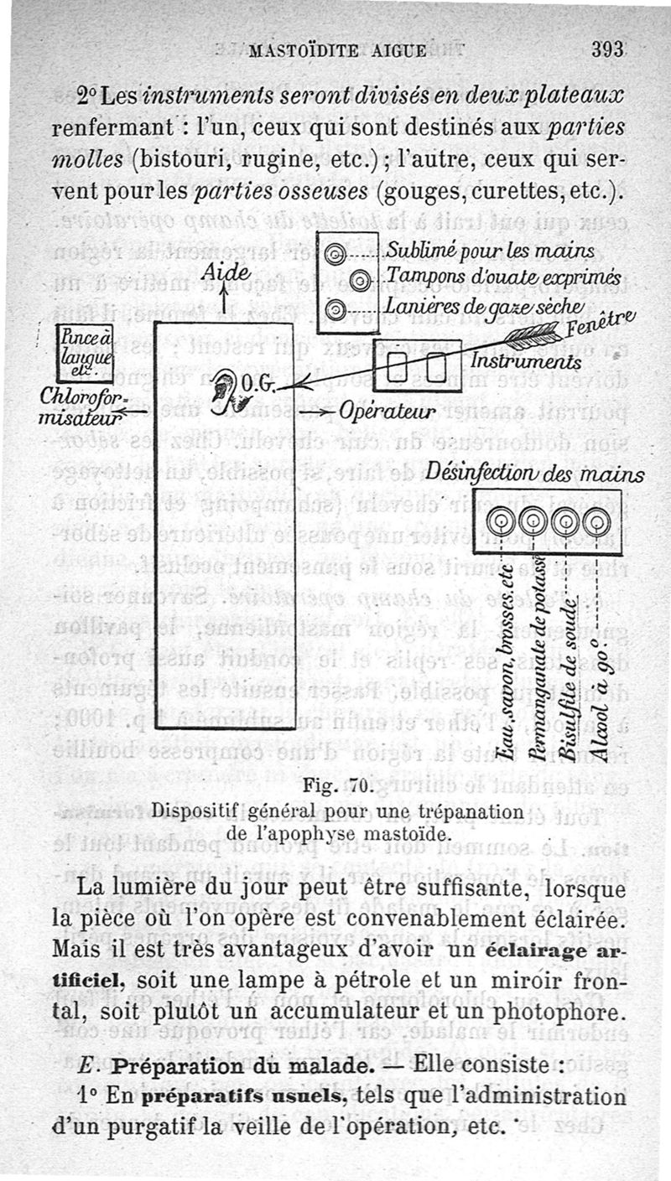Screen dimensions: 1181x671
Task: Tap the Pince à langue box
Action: click(x=85, y=354)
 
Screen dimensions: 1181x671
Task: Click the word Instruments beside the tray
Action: click(x=525, y=361)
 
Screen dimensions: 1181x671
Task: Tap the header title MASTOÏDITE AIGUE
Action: click(x=339, y=50)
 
